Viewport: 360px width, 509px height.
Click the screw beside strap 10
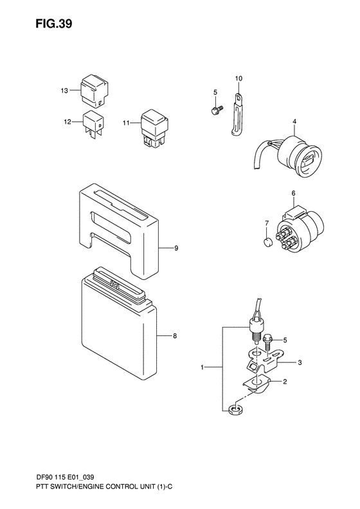point(215,111)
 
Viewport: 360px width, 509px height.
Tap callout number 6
point(292,192)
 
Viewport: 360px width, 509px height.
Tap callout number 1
point(203,368)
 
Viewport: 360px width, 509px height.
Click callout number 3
point(300,363)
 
